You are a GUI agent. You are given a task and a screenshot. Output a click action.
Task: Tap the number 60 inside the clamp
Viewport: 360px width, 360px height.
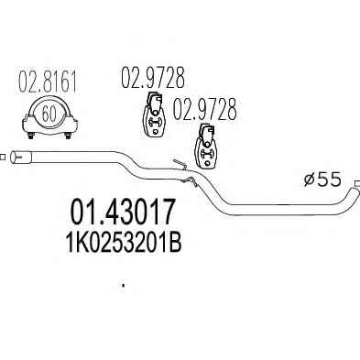[x=49, y=115]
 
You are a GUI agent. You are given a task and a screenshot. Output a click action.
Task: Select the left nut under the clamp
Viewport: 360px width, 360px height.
[x=31, y=136]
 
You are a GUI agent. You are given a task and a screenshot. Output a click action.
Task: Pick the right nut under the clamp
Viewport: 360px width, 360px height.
[x=68, y=136]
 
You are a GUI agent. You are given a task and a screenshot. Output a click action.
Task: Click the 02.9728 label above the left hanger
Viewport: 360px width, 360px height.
[x=153, y=77]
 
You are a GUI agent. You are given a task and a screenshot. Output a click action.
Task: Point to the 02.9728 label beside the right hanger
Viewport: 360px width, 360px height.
[x=204, y=109]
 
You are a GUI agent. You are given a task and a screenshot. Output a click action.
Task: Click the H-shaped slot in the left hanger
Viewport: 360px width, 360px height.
[x=155, y=122]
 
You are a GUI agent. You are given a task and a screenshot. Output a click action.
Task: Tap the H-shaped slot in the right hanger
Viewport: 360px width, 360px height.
[x=206, y=154]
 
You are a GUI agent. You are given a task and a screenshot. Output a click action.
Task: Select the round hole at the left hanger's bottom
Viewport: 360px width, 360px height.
[x=156, y=132]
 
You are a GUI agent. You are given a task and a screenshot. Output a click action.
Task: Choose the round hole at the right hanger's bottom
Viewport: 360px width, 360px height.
[x=207, y=163]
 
